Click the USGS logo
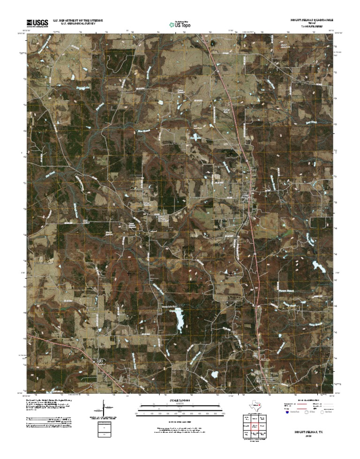click(37, 22)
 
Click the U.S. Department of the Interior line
click(77, 21)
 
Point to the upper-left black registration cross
click(128, 153)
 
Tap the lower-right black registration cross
click(231, 272)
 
